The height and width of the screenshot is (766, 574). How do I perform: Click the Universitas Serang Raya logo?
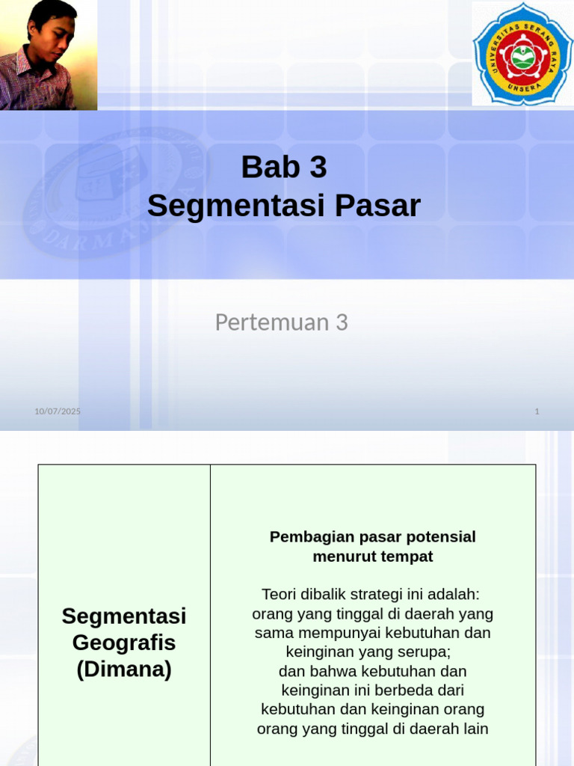[522, 54]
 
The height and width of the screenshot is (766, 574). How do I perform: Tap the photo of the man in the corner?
[49, 55]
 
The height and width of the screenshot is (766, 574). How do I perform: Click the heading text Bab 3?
[284, 168]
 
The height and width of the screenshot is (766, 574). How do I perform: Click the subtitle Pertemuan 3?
[282, 322]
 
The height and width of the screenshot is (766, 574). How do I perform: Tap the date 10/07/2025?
[58, 411]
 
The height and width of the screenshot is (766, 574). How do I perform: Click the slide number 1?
[537, 411]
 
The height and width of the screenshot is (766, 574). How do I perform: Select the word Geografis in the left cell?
[124, 643]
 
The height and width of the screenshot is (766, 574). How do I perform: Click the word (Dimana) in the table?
[124, 670]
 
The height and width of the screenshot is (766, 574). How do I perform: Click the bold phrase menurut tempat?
[372, 557]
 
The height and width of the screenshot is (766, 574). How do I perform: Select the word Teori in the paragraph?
[279, 595]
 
